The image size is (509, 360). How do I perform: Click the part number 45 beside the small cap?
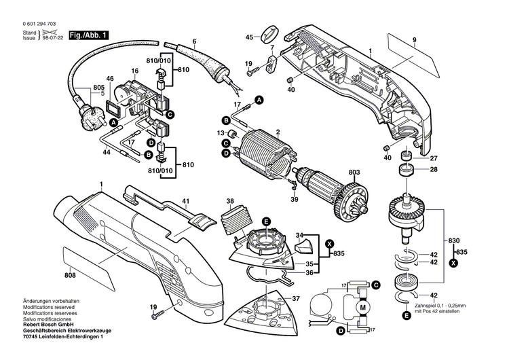click(249, 37)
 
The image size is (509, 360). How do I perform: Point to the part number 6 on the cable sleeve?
click(194, 41)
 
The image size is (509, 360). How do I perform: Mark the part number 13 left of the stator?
click(220, 132)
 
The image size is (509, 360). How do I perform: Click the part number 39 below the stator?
click(295, 200)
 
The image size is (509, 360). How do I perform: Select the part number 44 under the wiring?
click(106, 153)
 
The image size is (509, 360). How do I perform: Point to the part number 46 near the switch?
click(109, 79)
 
